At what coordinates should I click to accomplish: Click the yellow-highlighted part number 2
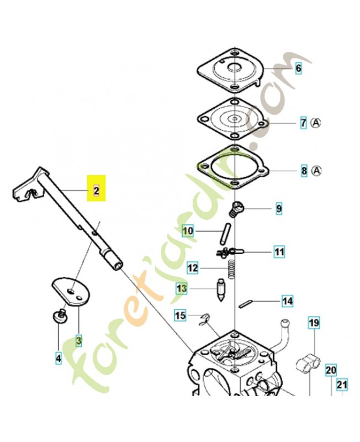click(x=96, y=191)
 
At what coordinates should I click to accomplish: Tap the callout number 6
click(x=298, y=68)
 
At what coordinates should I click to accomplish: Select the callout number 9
click(x=279, y=209)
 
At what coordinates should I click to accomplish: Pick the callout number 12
click(x=193, y=267)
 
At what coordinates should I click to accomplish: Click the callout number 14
click(x=287, y=301)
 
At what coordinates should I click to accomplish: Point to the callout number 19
click(x=314, y=323)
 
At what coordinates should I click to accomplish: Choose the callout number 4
click(x=59, y=358)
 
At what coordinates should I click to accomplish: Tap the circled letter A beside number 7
click(x=315, y=123)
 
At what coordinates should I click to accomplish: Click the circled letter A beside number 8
click(x=316, y=171)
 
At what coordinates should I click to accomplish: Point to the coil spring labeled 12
click(x=231, y=269)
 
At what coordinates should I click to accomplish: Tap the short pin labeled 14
click(x=244, y=304)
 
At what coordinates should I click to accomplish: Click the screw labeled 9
click(x=234, y=209)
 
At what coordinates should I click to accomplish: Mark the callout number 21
click(x=342, y=384)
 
